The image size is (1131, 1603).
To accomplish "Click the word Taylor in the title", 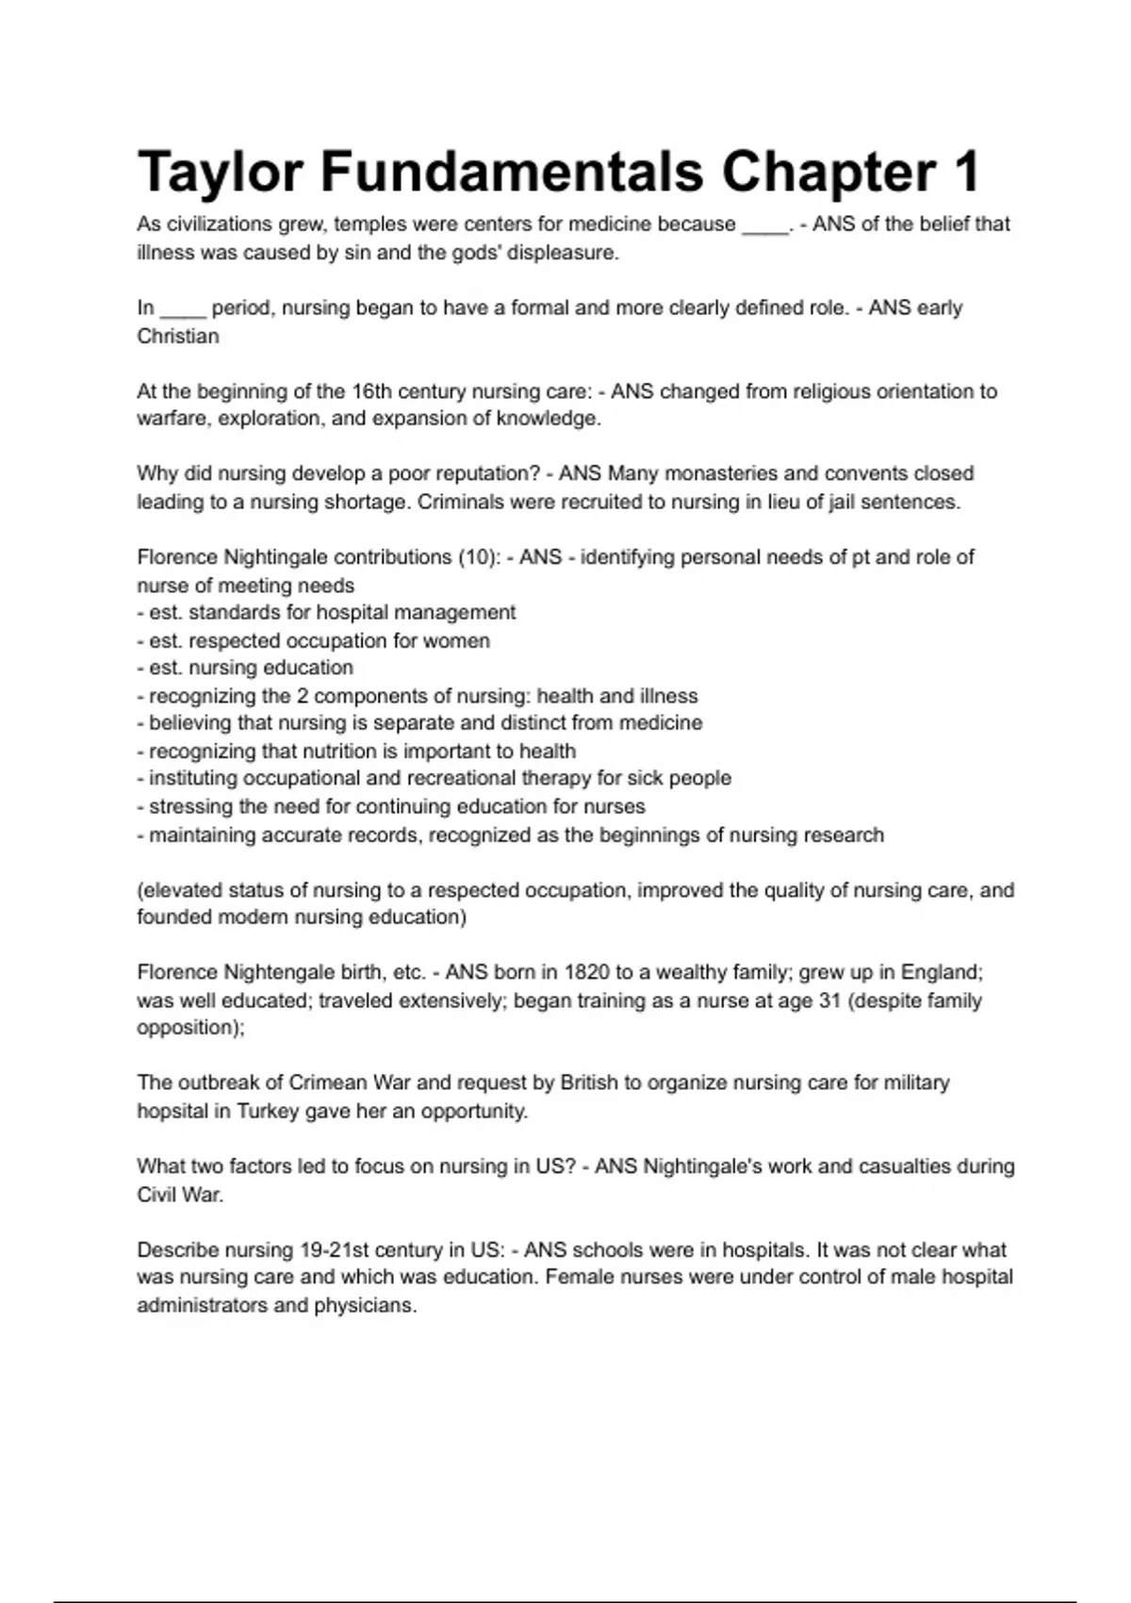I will click(221, 173).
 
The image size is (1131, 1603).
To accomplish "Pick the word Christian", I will click(178, 337).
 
